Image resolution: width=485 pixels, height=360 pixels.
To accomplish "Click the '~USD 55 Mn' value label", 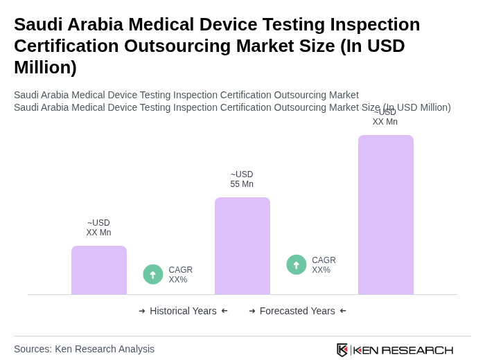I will tap(242, 179).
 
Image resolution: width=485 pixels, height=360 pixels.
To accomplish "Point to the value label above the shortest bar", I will tap(98, 228).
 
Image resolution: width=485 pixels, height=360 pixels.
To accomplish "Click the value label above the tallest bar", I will tap(385, 117).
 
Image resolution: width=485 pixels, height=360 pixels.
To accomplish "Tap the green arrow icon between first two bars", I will tap(153, 274).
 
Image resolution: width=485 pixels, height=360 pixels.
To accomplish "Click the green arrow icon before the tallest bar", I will tap(297, 264).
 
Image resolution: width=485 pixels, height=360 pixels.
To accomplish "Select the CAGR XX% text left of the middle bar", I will tap(181, 275).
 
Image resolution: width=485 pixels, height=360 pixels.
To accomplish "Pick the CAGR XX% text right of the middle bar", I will tap(324, 265).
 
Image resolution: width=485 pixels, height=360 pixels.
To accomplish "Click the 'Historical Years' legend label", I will tap(183, 311).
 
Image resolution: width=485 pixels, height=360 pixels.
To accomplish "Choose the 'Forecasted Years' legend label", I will tap(297, 311).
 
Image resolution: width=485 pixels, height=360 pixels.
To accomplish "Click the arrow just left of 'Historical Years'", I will tap(142, 311).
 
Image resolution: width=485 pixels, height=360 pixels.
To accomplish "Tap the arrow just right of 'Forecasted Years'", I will tap(343, 311).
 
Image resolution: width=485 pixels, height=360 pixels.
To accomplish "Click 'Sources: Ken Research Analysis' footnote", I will tap(84, 349).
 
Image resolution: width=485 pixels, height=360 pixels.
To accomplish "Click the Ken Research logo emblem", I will tap(342, 350).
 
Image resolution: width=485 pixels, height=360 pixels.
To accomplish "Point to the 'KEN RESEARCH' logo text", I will tap(403, 350).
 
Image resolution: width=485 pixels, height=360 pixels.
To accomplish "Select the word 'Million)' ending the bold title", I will tap(45, 67).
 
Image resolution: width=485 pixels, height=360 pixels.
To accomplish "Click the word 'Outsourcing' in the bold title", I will tap(182, 46).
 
